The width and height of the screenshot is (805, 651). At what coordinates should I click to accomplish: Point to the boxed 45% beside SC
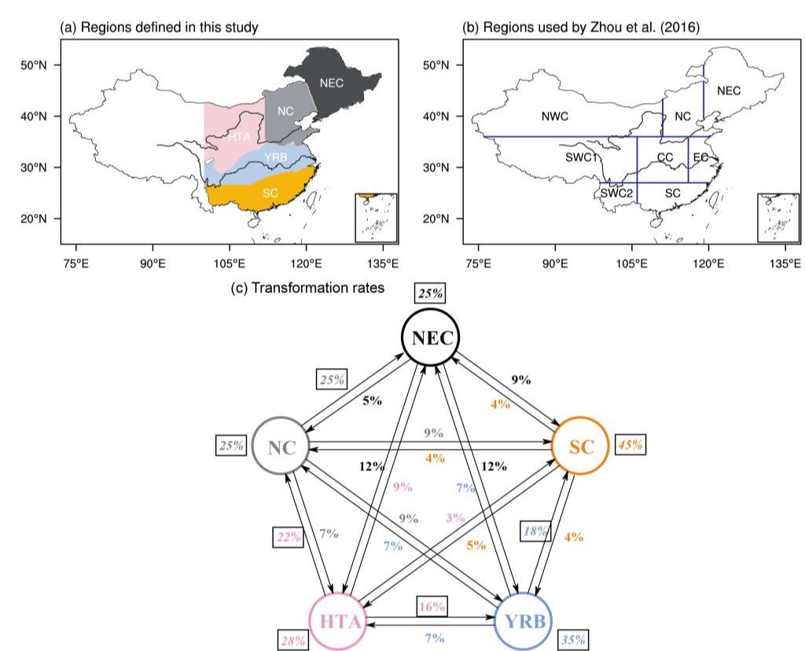[630, 444]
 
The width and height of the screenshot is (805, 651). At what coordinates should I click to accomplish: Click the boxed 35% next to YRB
[573, 640]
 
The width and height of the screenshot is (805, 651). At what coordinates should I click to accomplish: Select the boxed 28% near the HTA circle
[293, 640]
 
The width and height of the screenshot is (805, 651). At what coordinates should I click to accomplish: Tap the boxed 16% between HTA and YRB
[432, 606]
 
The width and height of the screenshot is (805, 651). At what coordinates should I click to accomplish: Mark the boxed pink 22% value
[289, 537]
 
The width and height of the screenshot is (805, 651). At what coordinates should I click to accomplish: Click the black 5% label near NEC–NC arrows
[372, 400]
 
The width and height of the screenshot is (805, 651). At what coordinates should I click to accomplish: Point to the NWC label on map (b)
[555, 116]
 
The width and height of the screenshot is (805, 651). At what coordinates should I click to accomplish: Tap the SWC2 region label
[616, 193]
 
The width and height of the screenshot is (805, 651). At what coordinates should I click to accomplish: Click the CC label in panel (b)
[665, 157]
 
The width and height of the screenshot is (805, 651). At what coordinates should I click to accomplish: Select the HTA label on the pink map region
[239, 137]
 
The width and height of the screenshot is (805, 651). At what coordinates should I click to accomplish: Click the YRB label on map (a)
[276, 157]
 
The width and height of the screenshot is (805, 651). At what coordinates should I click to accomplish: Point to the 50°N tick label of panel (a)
[33, 65]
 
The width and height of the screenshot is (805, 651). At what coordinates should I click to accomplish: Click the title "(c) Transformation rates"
[307, 288]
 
